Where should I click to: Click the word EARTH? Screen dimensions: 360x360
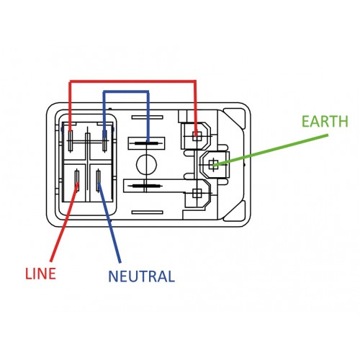click(x=325, y=121)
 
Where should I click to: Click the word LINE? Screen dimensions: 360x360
click(x=40, y=274)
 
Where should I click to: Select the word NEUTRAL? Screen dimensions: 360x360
click(x=142, y=276)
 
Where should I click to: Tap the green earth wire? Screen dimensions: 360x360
click(x=271, y=150)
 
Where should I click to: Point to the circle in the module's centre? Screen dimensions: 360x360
click(x=146, y=164)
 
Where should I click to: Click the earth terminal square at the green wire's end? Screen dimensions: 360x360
click(x=212, y=165)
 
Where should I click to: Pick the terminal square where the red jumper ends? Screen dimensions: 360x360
click(x=197, y=136)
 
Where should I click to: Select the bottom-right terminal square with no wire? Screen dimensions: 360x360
click(x=197, y=193)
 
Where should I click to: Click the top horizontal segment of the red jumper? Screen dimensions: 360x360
click(x=132, y=81)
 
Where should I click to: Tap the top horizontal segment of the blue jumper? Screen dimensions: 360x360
click(x=126, y=92)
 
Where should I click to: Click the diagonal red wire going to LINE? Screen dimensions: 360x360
click(x=64, y=222)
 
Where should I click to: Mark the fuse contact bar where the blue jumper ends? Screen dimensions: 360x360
click(x=147, y=143)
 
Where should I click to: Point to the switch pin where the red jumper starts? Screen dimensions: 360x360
click(x=71, y=141)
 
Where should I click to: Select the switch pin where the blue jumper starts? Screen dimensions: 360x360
click(x=104, y=140)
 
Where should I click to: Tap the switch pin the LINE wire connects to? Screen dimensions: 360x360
click(x=77, y=179)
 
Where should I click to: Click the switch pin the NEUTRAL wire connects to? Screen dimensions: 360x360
click(x=98, y=180)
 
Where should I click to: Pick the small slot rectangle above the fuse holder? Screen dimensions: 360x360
click(x=148, y=117)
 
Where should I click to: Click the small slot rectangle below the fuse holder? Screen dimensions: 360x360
click(x=148, y=212)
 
